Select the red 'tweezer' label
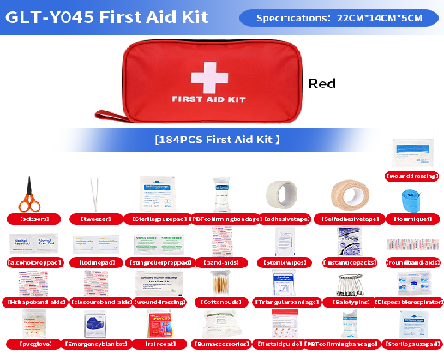[x=95, y=219]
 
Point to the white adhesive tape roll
[x=282, y=195]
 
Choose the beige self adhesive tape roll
[x=346, y=195]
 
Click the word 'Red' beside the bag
[x=322, y=83]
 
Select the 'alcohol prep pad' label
[x=33, y=261]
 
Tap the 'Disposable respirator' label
[x=411, y=302]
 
